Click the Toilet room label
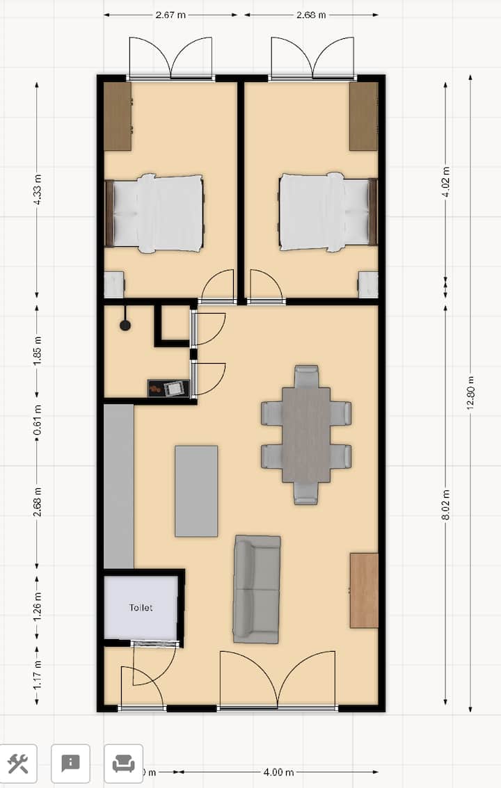[141, 607]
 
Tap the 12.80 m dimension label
[471, 393]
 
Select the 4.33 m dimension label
[38, 187]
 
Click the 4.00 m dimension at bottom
[278, 772]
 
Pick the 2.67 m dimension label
[170, 15]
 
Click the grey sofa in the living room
[257, 588]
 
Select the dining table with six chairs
[306, 435]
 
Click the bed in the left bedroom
[157, 213]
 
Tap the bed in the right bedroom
[326, 212]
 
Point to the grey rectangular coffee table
[196, 491]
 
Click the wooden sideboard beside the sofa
[364, 590]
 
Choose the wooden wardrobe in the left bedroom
[118, 116]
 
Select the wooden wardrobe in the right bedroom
[363, 116]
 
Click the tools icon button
[18, 764]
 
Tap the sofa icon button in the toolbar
[124, 764]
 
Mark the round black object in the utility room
[125, 325]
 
